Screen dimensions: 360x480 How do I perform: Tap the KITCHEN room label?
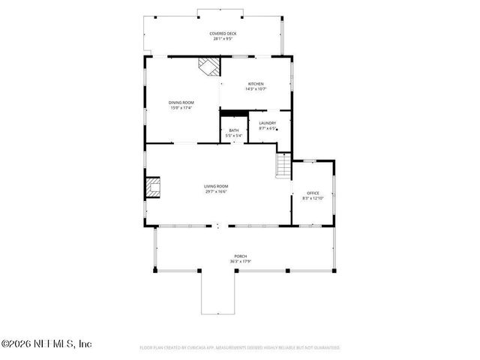[256, 84]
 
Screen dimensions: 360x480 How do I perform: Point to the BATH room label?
[235, 130]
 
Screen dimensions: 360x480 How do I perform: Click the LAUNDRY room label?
[268, 123]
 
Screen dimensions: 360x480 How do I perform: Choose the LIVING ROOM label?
[216, 186]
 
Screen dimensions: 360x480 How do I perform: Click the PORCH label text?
[240, 256]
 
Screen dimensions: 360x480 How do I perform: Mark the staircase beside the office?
[283, 165]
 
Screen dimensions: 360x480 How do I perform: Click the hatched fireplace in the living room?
[153, 187]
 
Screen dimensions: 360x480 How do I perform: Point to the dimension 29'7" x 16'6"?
[216, 191]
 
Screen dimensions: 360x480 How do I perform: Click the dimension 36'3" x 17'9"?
[240, 262]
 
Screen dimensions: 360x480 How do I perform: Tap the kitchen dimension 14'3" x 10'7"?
[256, 89]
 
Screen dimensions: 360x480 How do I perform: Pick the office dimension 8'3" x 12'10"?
[312, 198]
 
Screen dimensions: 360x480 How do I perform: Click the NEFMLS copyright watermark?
[46, 343]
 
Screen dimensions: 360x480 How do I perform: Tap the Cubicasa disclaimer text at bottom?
[240, 348]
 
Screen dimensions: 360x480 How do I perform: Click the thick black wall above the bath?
[234, 113]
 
